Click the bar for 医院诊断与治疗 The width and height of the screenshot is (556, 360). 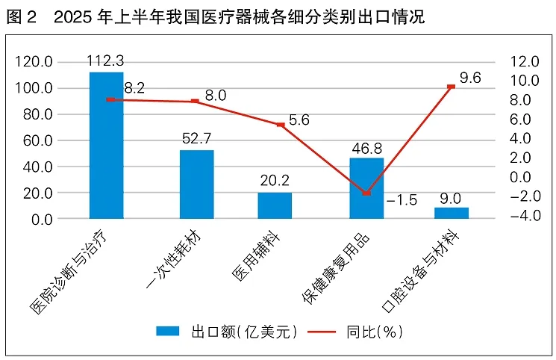tap(107, 146)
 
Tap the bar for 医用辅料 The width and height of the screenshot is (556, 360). tap(275, 205)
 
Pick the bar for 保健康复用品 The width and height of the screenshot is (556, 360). tap(366, 188)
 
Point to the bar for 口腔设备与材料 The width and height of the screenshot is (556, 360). tap(452, 213)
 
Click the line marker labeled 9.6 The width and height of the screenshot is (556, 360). tap(452, 87)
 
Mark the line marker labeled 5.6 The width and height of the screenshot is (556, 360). tap(280, 125)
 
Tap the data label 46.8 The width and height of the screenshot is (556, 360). tap(366, 148)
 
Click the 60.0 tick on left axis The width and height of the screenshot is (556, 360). tap(37, 140)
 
